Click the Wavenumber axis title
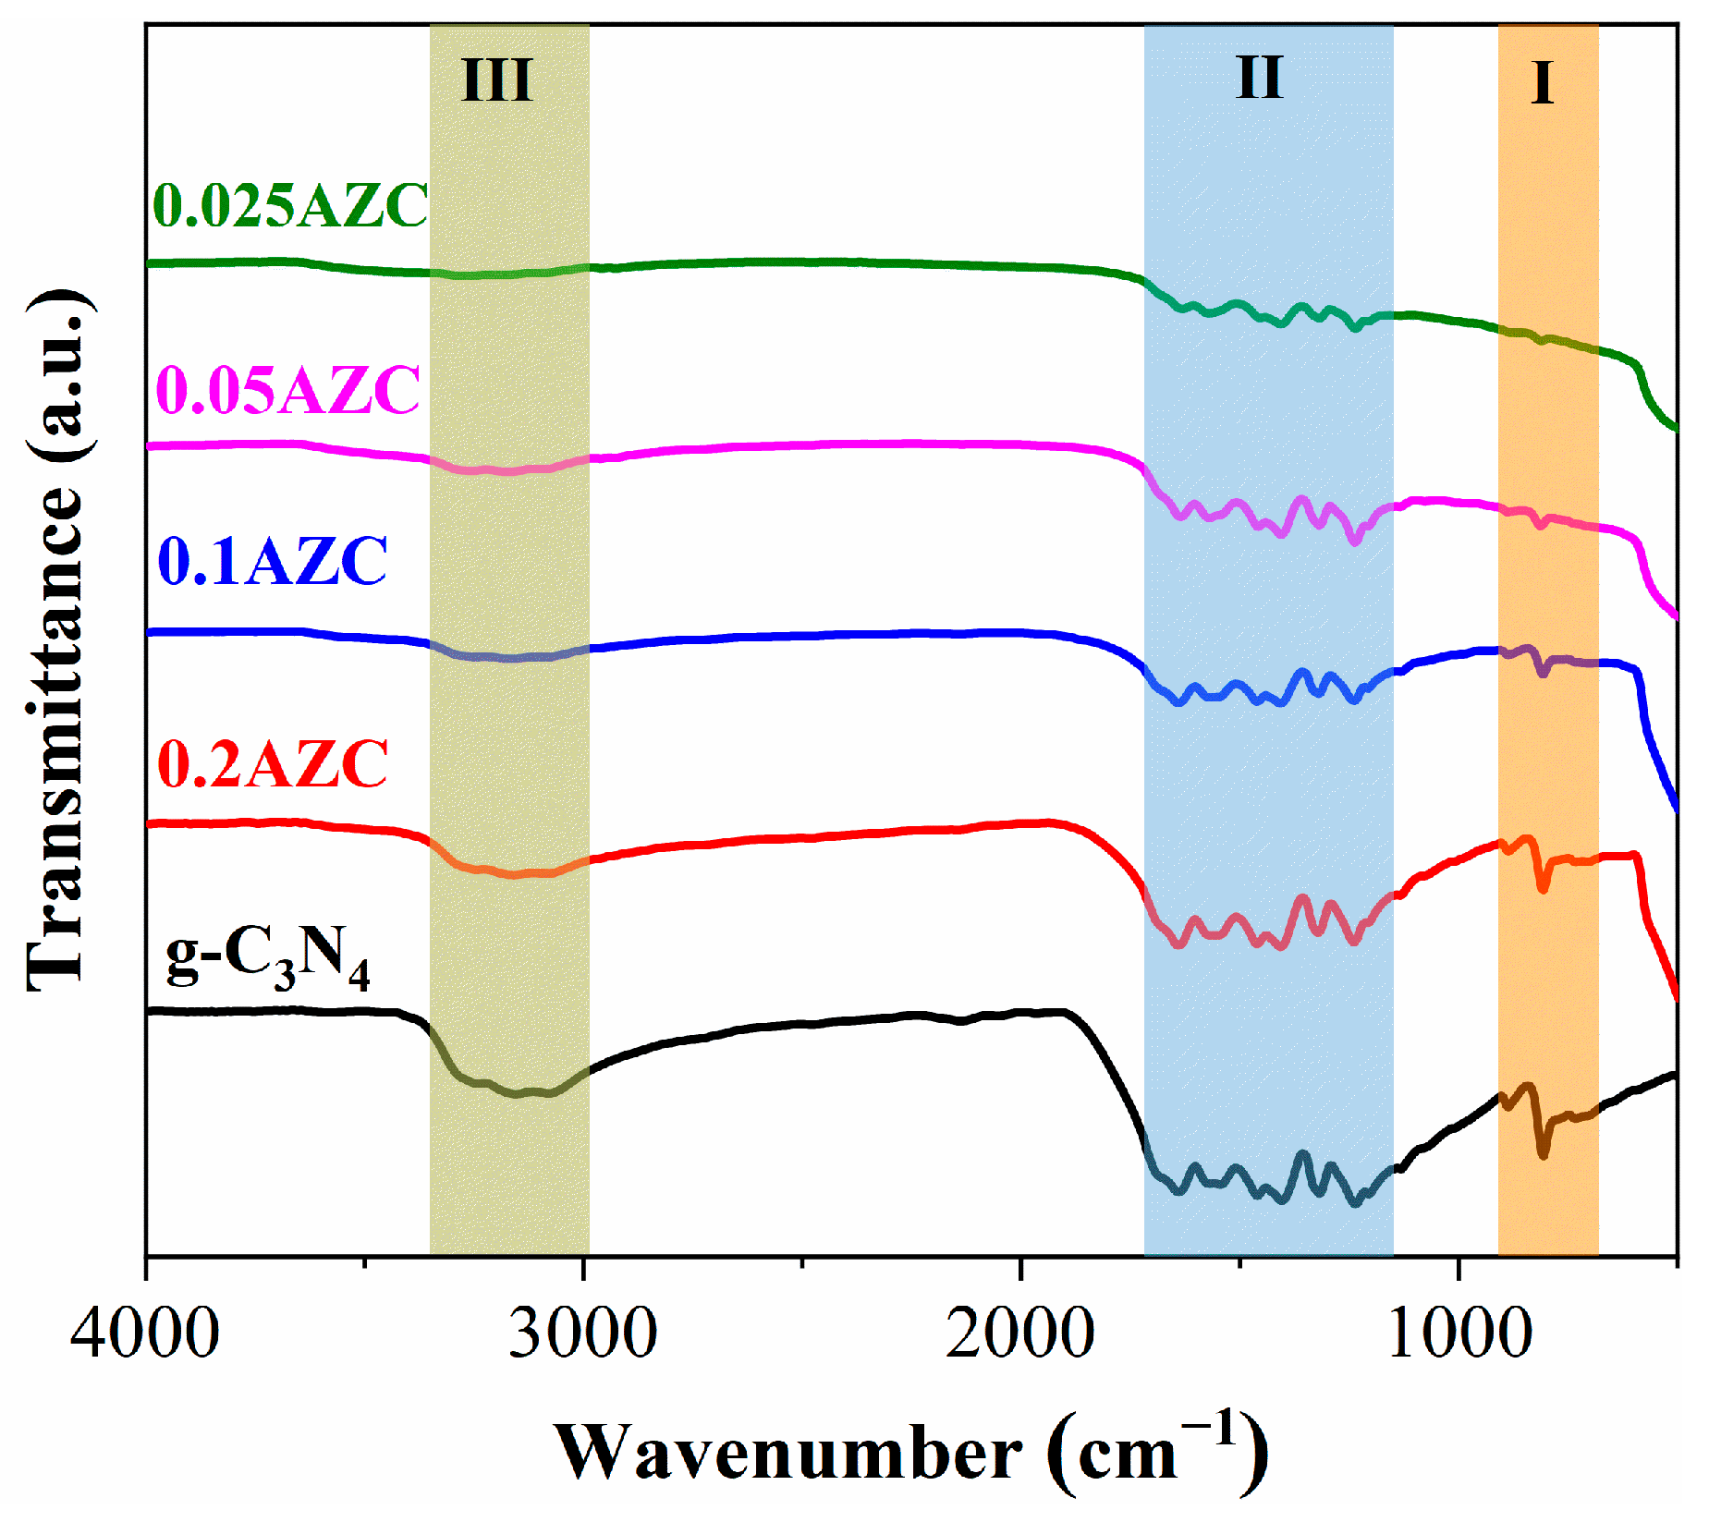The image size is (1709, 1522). click(x=910, y=1454)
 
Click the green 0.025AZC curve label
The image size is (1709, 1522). click(x=290, y=205)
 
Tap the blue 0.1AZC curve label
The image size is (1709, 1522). click(x=274, y=561)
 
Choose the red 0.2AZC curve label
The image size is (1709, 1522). click(x=274, y=764)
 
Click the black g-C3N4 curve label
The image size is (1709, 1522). click(x=268, y=961)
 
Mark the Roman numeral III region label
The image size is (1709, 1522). click(x=497, y=80)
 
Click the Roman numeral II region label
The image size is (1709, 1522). click(x=1260, y=78)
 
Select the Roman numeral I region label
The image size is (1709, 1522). click(x=1542, y=83)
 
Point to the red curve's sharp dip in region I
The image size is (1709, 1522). click(x=1542, y=888)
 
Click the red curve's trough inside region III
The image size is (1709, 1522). click(x=513, y=873)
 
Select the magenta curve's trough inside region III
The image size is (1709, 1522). click(x=508, y=471)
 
